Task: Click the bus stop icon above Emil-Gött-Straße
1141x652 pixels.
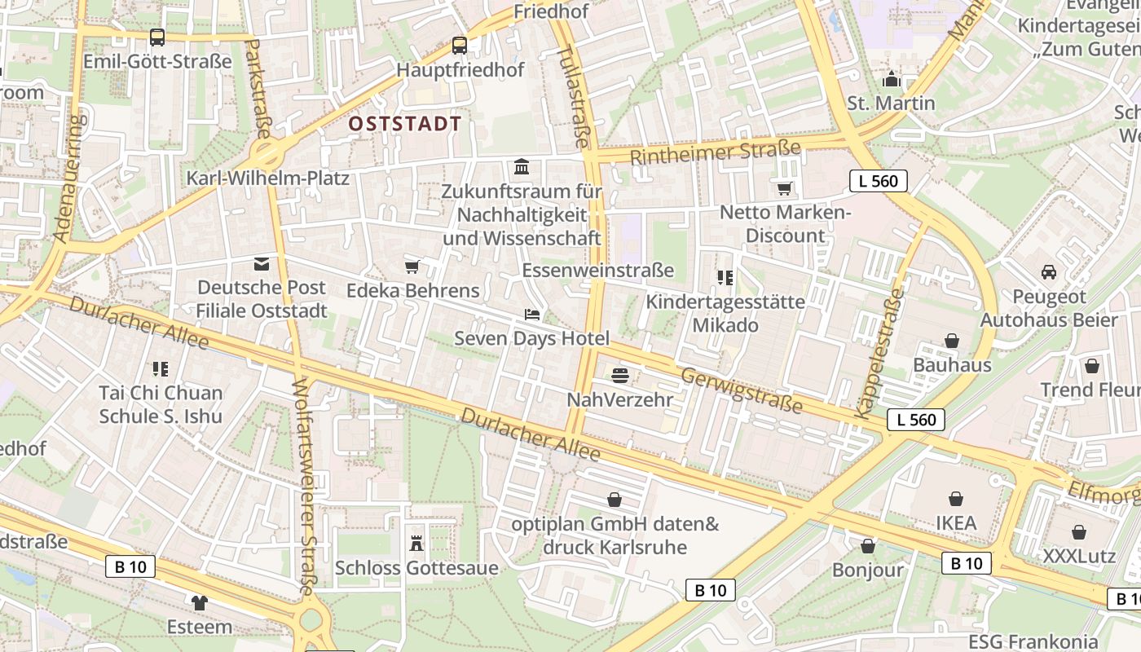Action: coord(157,37)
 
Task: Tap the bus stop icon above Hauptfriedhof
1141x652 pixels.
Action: coord(460,46)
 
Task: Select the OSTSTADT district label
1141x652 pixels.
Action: coord(404,124)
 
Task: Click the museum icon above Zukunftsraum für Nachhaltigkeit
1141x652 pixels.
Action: coord(522,167)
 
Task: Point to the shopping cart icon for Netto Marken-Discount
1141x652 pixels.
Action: coord(784,189)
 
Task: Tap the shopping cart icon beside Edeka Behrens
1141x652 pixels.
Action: coord(412,267)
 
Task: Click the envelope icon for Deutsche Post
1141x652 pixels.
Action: coord(261,263)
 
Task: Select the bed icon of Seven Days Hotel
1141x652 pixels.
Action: coord(531,315)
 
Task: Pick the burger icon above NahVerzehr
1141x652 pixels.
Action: coord(620,376)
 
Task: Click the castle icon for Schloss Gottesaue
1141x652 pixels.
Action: coord(416,544)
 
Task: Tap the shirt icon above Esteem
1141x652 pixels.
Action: coord(199,603)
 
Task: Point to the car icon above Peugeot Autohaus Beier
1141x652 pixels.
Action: coord(1048,272)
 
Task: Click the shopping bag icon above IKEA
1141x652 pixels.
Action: coord(955,499)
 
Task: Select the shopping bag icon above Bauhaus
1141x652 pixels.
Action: coord(951,341)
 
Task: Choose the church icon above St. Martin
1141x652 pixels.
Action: coord(891,79)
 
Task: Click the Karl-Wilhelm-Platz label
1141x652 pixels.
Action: coord(267,178)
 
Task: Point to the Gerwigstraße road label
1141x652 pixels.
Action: coord(742,390)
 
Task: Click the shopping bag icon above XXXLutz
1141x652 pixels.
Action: coord(1079,532)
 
